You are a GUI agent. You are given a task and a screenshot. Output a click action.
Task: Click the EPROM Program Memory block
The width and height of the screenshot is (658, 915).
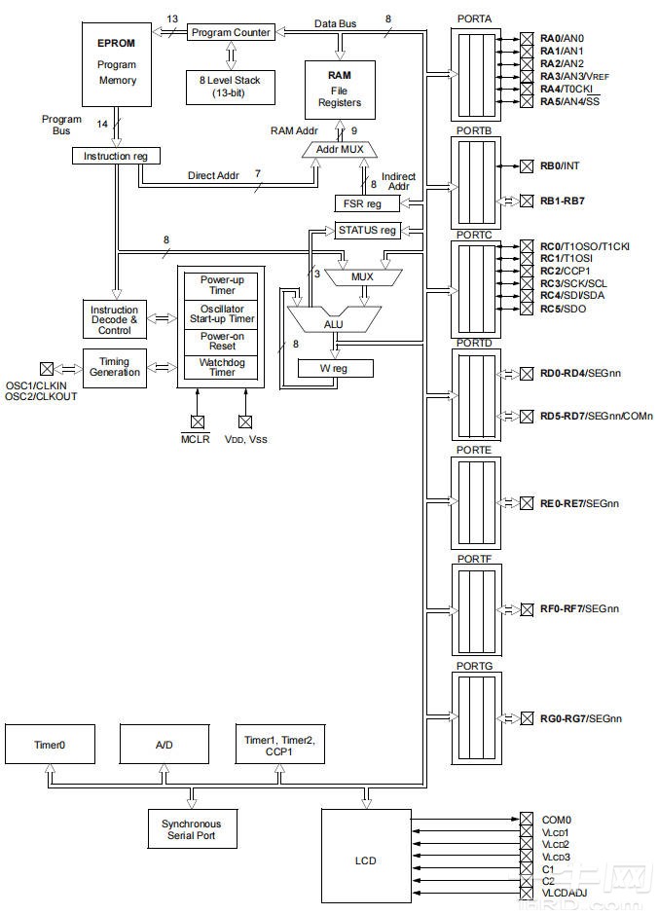[x=117, y=64]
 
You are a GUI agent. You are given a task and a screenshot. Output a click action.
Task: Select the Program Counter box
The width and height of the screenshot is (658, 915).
[x=231, y=33]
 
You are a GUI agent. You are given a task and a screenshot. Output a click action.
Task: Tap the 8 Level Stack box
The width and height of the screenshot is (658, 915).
[x=231, y=87]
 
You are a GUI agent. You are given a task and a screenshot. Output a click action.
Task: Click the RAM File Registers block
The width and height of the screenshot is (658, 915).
[x=340, y=90]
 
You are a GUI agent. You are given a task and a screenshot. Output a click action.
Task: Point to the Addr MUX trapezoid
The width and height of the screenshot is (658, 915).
[x=340, y=150]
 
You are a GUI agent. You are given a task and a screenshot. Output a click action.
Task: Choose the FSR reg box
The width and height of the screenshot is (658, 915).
[x=367, y=203]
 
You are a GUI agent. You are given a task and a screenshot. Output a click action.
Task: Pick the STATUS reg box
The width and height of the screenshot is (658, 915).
[x=367, y=231]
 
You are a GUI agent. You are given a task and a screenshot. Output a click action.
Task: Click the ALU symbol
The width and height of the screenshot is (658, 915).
[x=334, y=320]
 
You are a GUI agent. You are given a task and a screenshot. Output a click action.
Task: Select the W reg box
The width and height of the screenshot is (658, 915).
[x=335, y=368]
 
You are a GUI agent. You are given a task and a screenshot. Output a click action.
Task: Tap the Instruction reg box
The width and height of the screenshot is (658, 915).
[x=116, y=156]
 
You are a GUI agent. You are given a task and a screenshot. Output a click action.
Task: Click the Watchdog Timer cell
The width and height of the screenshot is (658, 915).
[x=222, y=367]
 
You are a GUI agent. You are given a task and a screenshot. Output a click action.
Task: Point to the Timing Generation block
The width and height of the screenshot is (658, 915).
[x=114, y=368]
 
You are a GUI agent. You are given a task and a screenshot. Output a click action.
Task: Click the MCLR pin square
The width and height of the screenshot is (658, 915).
[x=198, y=421]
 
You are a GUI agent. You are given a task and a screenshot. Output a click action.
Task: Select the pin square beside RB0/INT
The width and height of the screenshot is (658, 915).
[x=527, y=166]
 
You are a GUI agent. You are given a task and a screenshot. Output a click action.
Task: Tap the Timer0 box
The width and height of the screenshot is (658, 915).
[x=51, y=744]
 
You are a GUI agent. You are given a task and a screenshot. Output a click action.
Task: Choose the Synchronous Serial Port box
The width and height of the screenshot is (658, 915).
[x=192, y=829]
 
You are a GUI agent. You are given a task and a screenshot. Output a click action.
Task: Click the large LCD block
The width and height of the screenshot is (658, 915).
[x=366, y=860]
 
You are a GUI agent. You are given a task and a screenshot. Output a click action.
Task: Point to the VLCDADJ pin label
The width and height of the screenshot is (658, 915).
[x=565, y=893]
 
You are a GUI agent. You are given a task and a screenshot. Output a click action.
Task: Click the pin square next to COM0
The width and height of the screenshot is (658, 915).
[x=527, y=819]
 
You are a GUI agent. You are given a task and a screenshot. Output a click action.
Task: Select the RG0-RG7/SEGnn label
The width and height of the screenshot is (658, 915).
[x=581, y=718]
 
